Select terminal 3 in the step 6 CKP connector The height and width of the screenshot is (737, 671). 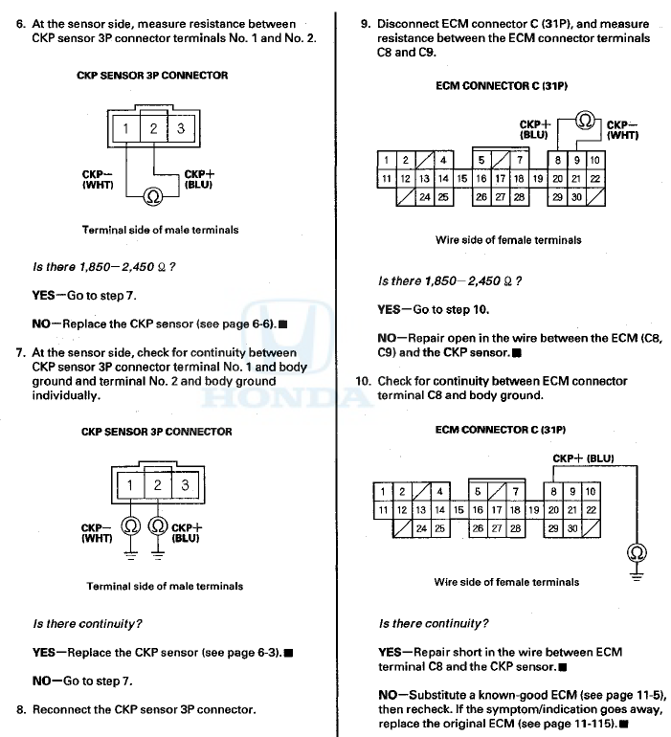(x=181, y=128)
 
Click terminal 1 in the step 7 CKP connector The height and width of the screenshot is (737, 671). (x=130, y=486)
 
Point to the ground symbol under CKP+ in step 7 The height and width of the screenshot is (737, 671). (x=158, y=552)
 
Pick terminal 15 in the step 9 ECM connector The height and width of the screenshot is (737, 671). (x=461, y=178)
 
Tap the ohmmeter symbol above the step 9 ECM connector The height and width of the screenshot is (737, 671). (x=586, y=122)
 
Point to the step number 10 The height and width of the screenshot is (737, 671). (x=364, y=381)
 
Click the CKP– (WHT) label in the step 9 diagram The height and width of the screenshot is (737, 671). (x=622, y=130)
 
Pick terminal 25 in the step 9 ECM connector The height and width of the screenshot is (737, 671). (x=443, y=196)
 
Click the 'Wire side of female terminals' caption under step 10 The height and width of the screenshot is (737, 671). (x=506, y=581)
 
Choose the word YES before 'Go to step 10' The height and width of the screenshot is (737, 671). (x=390, y=310)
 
